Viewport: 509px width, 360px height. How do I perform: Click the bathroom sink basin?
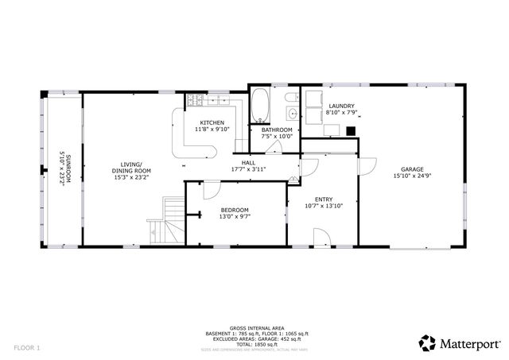292,113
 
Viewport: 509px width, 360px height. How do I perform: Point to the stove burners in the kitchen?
194,100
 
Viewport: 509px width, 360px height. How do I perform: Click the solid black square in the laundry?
350,132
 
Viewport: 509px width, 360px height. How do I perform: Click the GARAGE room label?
411,168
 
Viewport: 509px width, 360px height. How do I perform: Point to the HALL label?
247,162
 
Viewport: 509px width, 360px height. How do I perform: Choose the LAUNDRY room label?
340,106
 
